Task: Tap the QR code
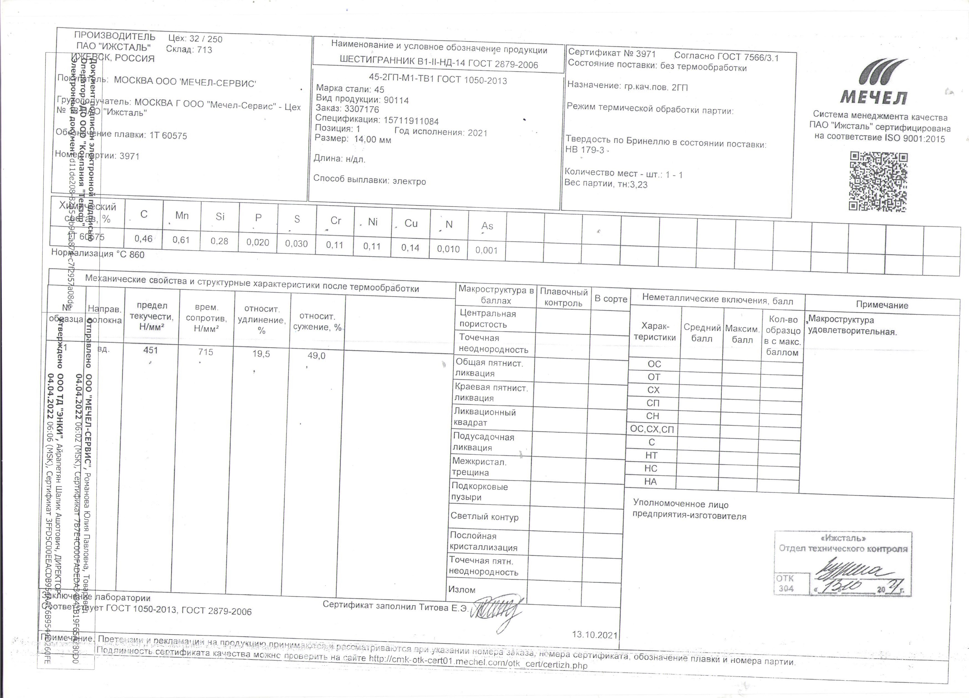tap(878, 181)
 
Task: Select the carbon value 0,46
tap(144, 239)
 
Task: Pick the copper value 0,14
tap(410, 248)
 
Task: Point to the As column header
tap(487, 226)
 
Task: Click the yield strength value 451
tap(150, 350)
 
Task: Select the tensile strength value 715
tap(206, 352)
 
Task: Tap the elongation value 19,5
tap(261, 354)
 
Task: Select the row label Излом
tap(462, 589)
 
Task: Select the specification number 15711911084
tap(411, 121)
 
